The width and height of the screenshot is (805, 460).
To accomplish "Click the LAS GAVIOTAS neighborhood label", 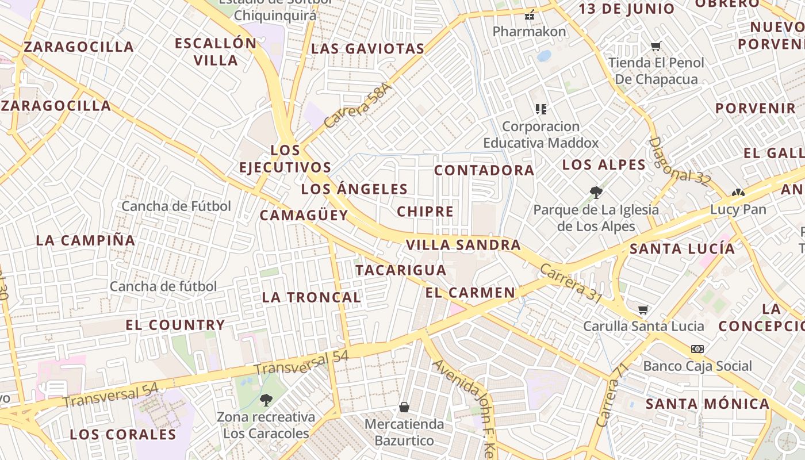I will tap(367, 49).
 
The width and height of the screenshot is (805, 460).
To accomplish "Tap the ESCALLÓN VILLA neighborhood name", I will tap(216, 52).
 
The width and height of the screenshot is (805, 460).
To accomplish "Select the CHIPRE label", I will tap(425, 212).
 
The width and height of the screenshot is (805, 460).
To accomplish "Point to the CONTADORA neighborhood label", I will tap(484, 170).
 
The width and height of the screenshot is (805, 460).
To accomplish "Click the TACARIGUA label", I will tap(400, 270).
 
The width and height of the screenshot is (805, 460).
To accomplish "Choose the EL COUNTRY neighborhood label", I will tap(175, 325).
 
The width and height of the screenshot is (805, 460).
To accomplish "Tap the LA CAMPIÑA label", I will tap(86, 240).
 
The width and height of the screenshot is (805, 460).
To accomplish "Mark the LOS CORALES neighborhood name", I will tap(122, 434).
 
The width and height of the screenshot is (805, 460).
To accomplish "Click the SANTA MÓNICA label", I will tap(707, 404).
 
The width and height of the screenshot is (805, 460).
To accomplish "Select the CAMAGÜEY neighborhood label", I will tap(304, 216).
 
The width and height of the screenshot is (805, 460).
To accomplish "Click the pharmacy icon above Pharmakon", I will tap(530, 15).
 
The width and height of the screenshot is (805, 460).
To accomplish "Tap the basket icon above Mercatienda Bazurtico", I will tap(404, 407).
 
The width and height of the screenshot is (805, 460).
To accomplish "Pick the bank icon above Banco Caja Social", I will tap(697, 349).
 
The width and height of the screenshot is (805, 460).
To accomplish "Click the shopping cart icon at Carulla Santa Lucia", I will tap(643, 310).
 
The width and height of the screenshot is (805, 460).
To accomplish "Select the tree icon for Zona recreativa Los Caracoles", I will tap(266, 400).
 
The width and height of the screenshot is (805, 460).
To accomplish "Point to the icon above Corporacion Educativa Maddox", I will tap(540, 109).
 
